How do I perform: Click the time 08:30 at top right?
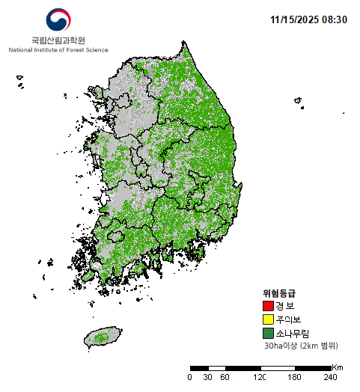click(335, 19)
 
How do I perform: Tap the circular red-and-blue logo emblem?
click(58, 20)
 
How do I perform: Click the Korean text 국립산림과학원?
click(58, 40)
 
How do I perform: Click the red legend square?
click(268, 306)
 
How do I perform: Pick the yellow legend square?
click(268, 319)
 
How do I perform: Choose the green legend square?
click(268, 333)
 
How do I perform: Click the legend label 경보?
click(284, 306)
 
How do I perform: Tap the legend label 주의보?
click(287, 319)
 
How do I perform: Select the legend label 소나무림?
click(292, 333)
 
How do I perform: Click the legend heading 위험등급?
click(278, 293)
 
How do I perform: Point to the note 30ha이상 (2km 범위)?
click(300, 346)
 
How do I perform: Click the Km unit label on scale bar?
click(338, 367)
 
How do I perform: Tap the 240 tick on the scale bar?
click(330, 377)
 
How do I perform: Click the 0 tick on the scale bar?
click(189, 377)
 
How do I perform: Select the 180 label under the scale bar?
click(295, 377)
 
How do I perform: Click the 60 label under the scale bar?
click(225, 377)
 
